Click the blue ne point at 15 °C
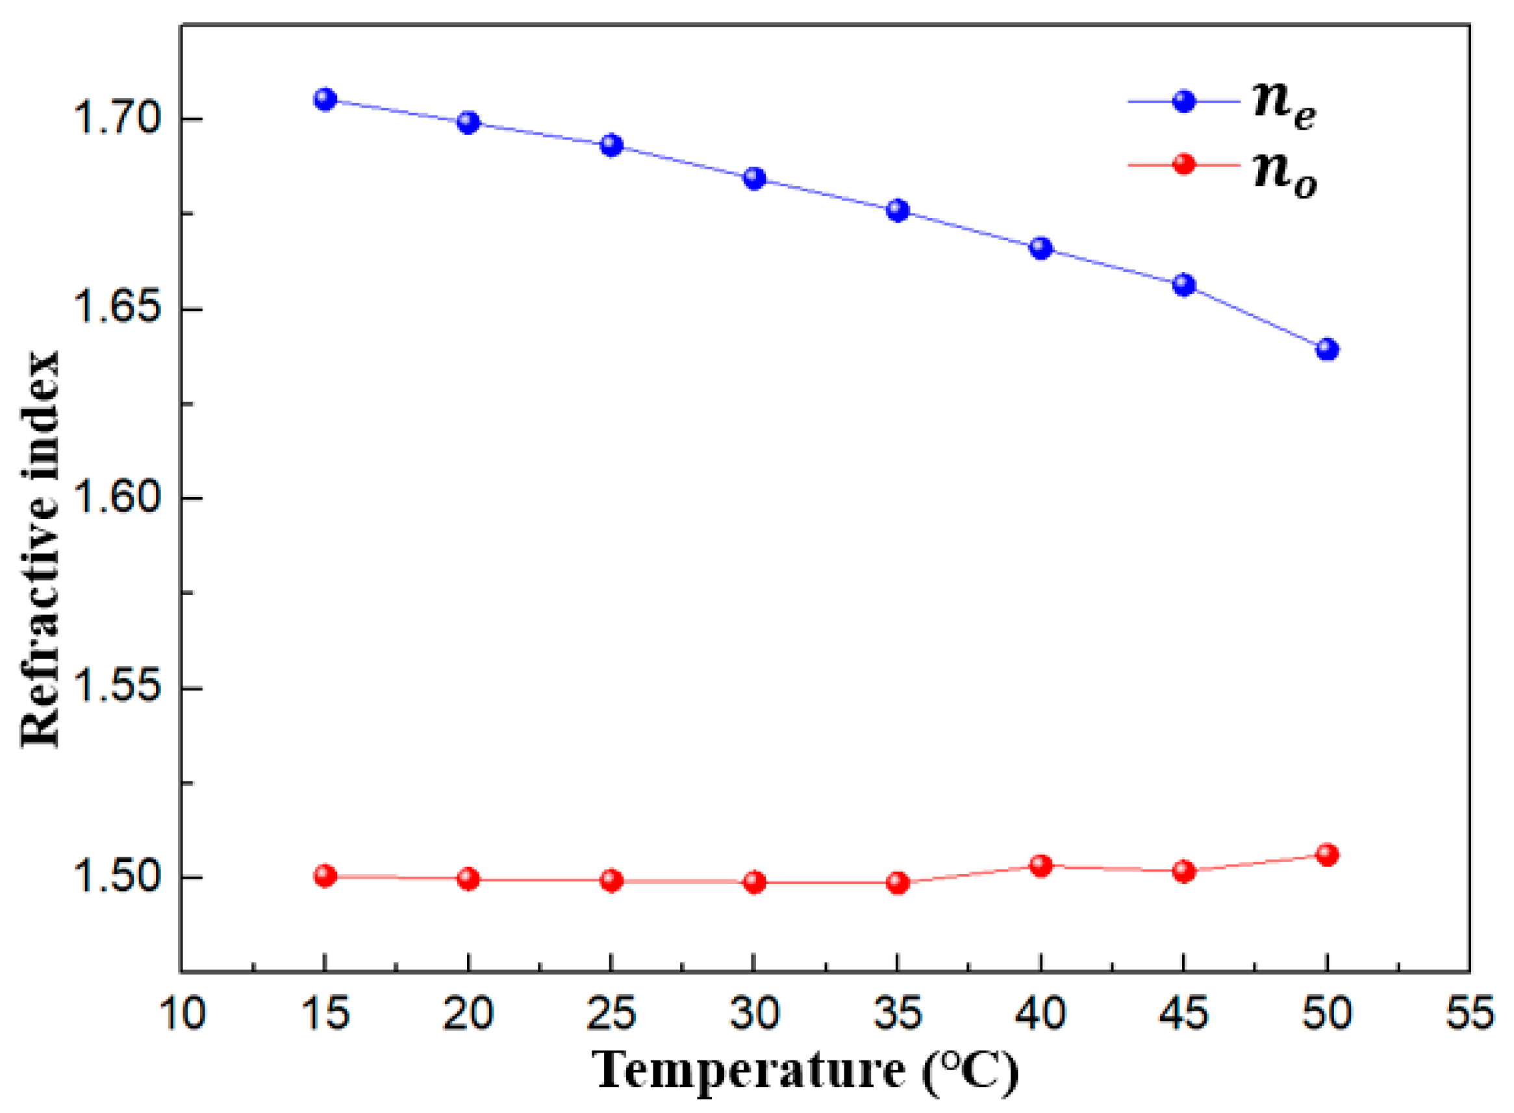point(325,100)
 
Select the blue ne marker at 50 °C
point(1326,350)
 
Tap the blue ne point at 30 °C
point(754,178)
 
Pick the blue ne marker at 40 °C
point(1041,248)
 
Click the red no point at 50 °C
point(1326,855)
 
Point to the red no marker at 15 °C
point(325,876)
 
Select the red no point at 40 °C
point(1041,865)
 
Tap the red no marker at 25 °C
point(611,881)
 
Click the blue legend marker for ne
point(1183,102)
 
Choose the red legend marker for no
point(1183,164)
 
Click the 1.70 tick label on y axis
point(117,120)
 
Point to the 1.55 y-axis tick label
point(117,689)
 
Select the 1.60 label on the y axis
point(117,499)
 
